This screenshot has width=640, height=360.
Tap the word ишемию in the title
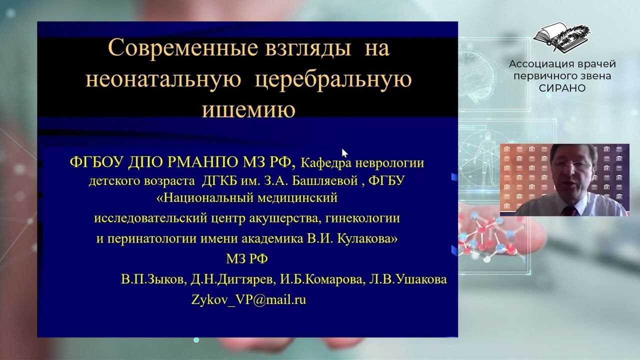click(248, 110)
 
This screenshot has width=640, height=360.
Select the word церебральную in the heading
click(333, 79)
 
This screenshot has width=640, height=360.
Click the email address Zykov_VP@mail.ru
click(248, 300)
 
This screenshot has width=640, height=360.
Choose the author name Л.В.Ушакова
click(408, 280)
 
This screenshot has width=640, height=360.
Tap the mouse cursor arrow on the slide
click(344, 152)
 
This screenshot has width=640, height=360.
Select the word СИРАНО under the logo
click(562, 88)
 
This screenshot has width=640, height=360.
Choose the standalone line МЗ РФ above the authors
click(247, 258)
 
